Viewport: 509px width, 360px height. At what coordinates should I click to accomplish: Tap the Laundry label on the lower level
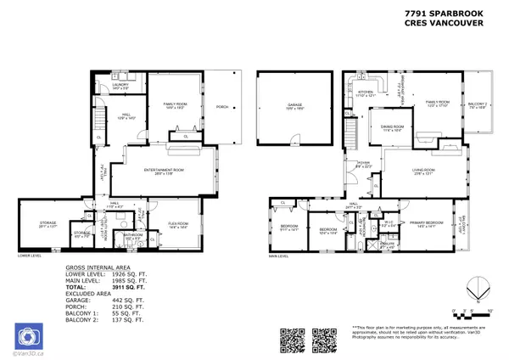pos(120,83)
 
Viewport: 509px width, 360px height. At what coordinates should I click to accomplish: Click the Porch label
pos(222,107)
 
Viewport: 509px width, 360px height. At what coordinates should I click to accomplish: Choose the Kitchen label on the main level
pos(366,92)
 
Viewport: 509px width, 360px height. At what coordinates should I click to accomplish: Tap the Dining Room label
pos(392,131)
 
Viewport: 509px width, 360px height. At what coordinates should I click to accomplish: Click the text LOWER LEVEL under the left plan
pos(31,255)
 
